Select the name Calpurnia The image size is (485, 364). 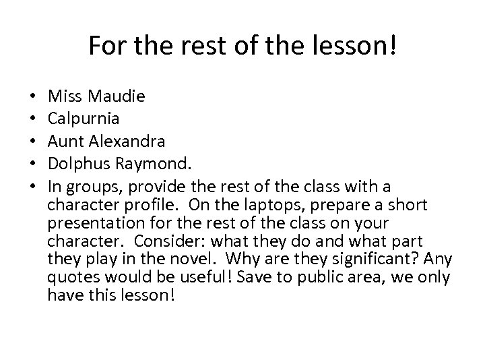click(84, 119)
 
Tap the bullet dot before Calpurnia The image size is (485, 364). click(33, 119)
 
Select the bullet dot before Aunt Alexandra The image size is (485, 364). click(33, 142)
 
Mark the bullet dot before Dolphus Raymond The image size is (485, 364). click(33, 164)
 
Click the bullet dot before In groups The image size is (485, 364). click(33, 185)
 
